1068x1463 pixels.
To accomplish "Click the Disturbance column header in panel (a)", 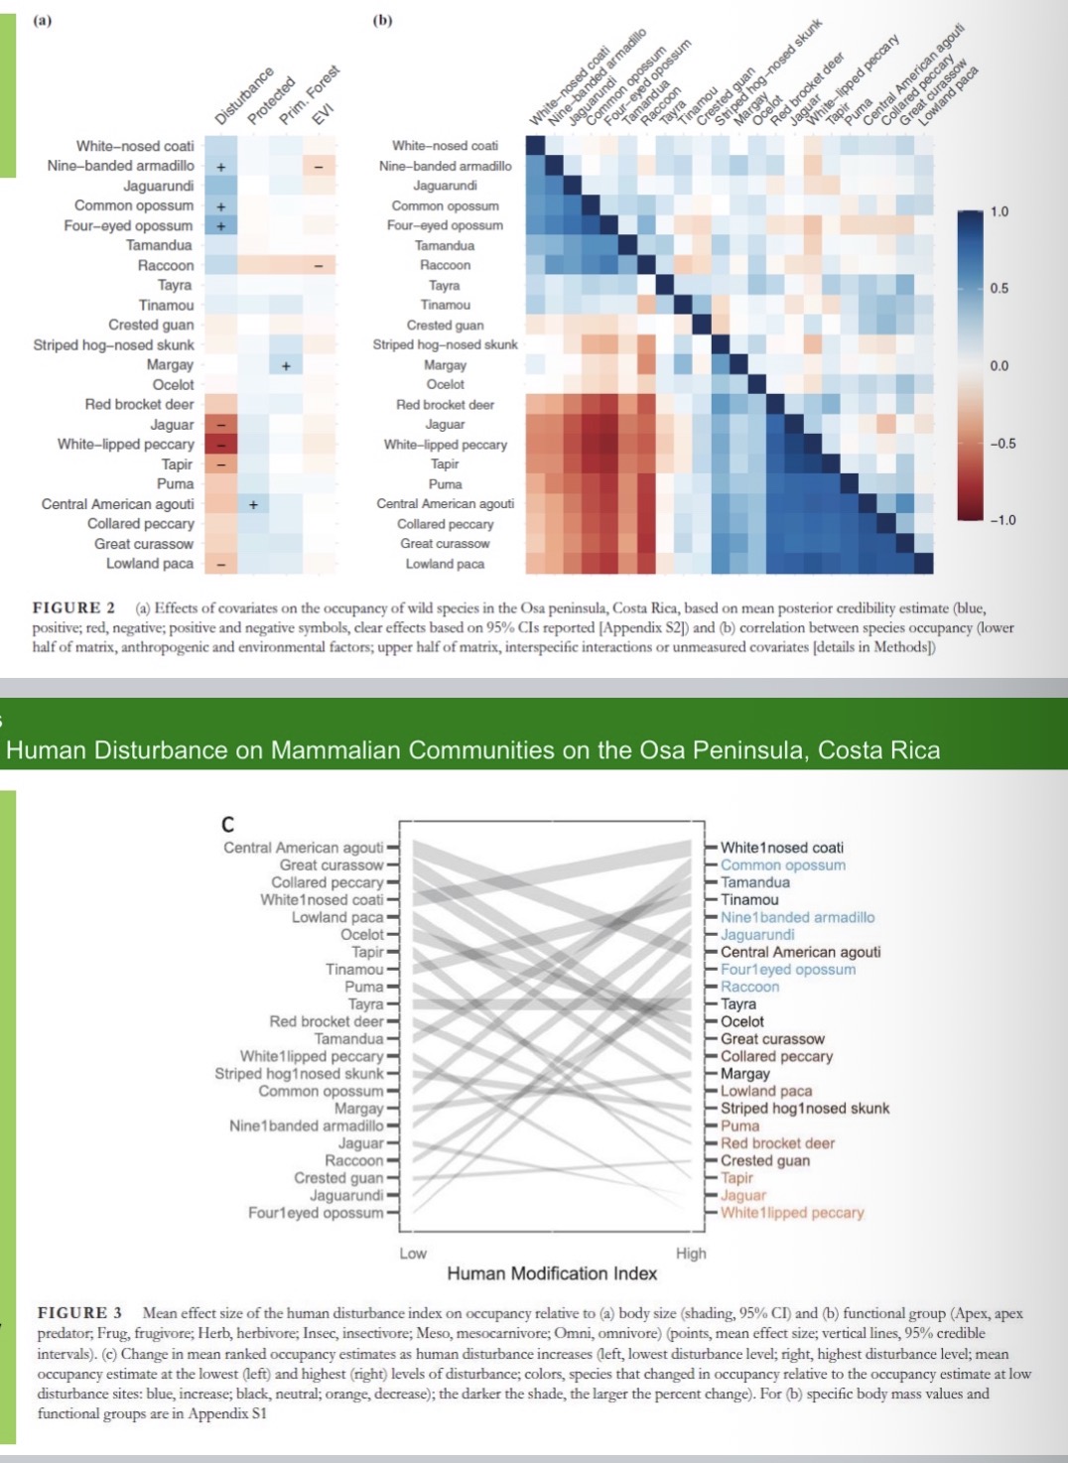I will pos(243,96).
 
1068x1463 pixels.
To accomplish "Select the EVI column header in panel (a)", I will pos(323,113).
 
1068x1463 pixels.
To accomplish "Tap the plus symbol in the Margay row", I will pos(286,365).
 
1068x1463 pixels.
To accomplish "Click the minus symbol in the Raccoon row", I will pos(319,266).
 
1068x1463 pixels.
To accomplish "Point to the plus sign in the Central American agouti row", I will pos(253,504).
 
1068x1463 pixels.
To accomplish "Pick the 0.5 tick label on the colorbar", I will pos(999,289).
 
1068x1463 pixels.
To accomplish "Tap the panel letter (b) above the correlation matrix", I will pos(382,20).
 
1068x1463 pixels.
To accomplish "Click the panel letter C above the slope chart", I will pos(228,824).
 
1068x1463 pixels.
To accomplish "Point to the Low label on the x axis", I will pos(413,1254).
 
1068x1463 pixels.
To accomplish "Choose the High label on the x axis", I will pos(691,1254).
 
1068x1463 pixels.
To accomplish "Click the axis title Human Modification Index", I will pos(552,1273).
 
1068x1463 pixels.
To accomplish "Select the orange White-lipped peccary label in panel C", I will pos(791,1213).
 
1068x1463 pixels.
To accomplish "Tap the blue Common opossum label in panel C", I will pos(782,864).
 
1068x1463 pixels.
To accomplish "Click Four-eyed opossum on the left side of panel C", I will pos(315,1213).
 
